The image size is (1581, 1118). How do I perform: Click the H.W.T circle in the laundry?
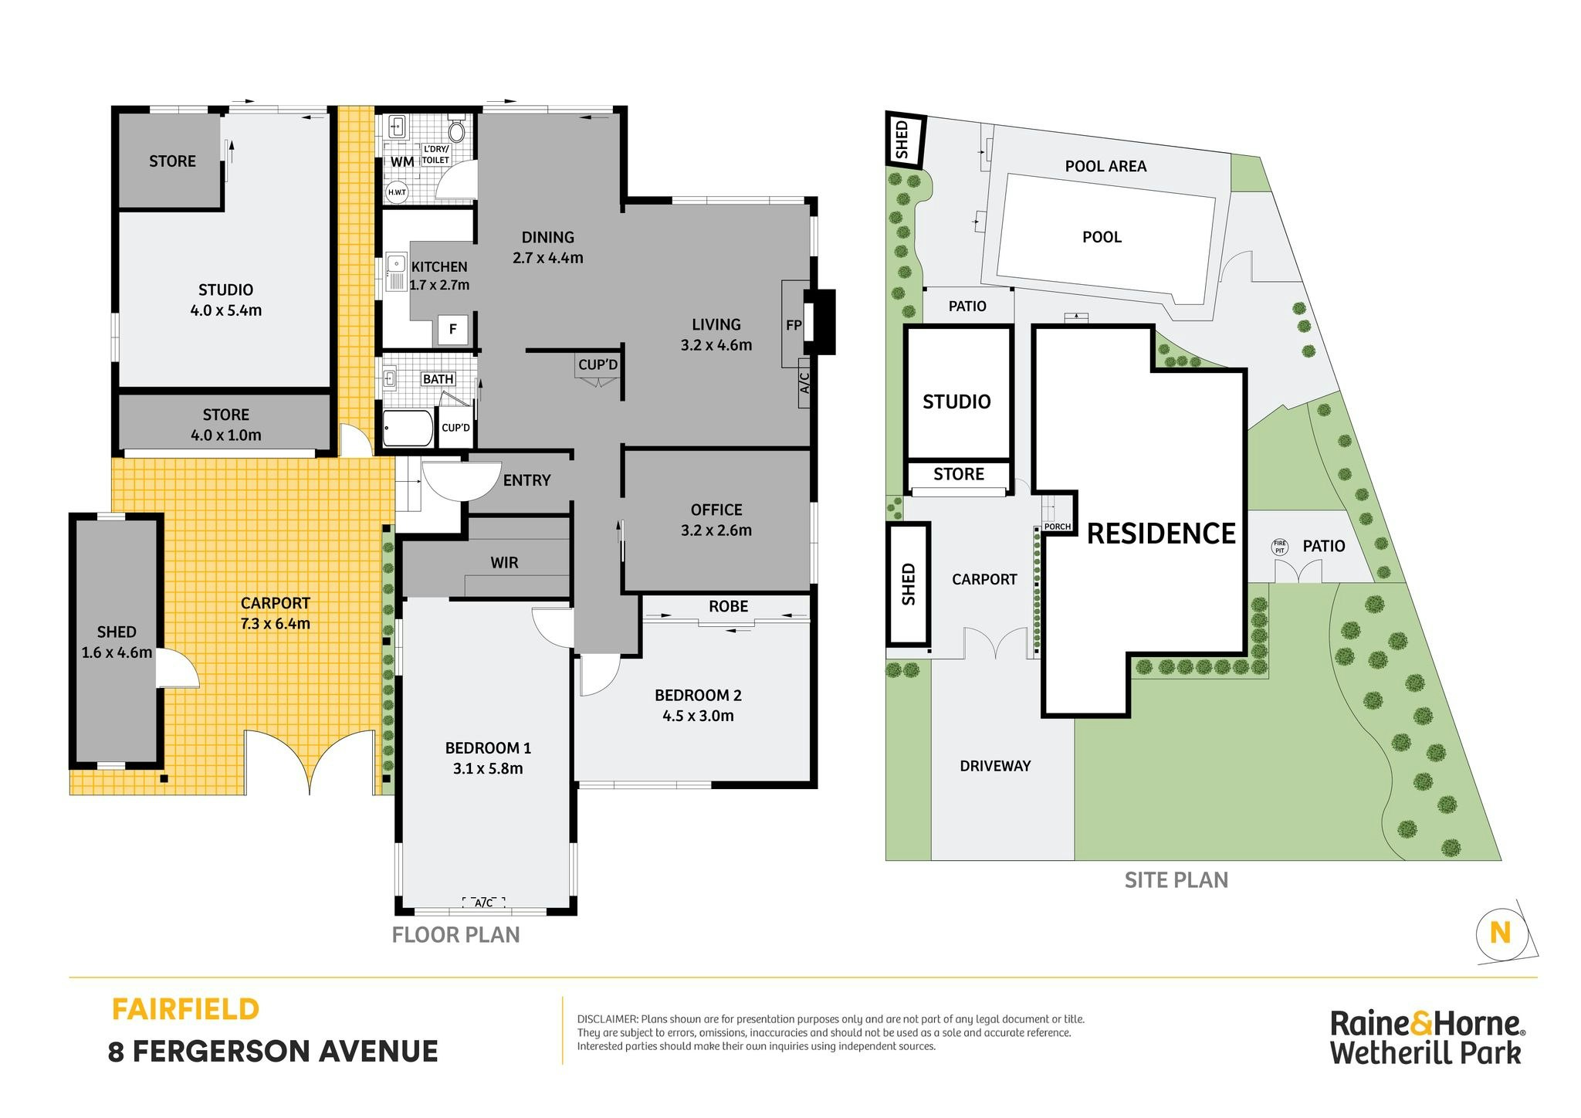tap(397, 191)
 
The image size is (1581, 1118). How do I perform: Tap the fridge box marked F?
tap(453, 329)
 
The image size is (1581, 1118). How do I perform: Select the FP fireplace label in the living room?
tap(794, 325)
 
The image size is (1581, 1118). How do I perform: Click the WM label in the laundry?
tap(402, 161)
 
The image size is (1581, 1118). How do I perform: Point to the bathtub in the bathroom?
tap(408, 429)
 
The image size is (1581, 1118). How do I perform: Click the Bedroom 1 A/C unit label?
tap(484, 903)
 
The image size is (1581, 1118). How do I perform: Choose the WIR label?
tap(504, 563)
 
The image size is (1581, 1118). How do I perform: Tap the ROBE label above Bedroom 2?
tap(728, 606)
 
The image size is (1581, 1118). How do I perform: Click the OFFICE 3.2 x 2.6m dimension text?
tap(716, 530)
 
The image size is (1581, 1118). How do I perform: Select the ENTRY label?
tap(526, 480)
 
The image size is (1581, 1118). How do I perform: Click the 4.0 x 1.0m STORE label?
tap(225, 425)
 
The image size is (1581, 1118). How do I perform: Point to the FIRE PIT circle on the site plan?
tap(1280, 547)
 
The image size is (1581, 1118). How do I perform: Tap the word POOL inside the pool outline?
tap(1102, 237)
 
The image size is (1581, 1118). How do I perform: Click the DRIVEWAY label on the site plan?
tap(995, 766)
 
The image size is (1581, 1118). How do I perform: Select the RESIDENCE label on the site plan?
tap(1161, 534)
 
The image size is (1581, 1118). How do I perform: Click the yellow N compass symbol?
tap(1500, 933)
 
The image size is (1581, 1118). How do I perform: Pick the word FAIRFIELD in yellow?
tap(185, 1009)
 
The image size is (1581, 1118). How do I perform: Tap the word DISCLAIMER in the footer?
tap(608, 1019)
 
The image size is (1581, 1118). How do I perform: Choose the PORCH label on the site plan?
tap(1058, 527)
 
